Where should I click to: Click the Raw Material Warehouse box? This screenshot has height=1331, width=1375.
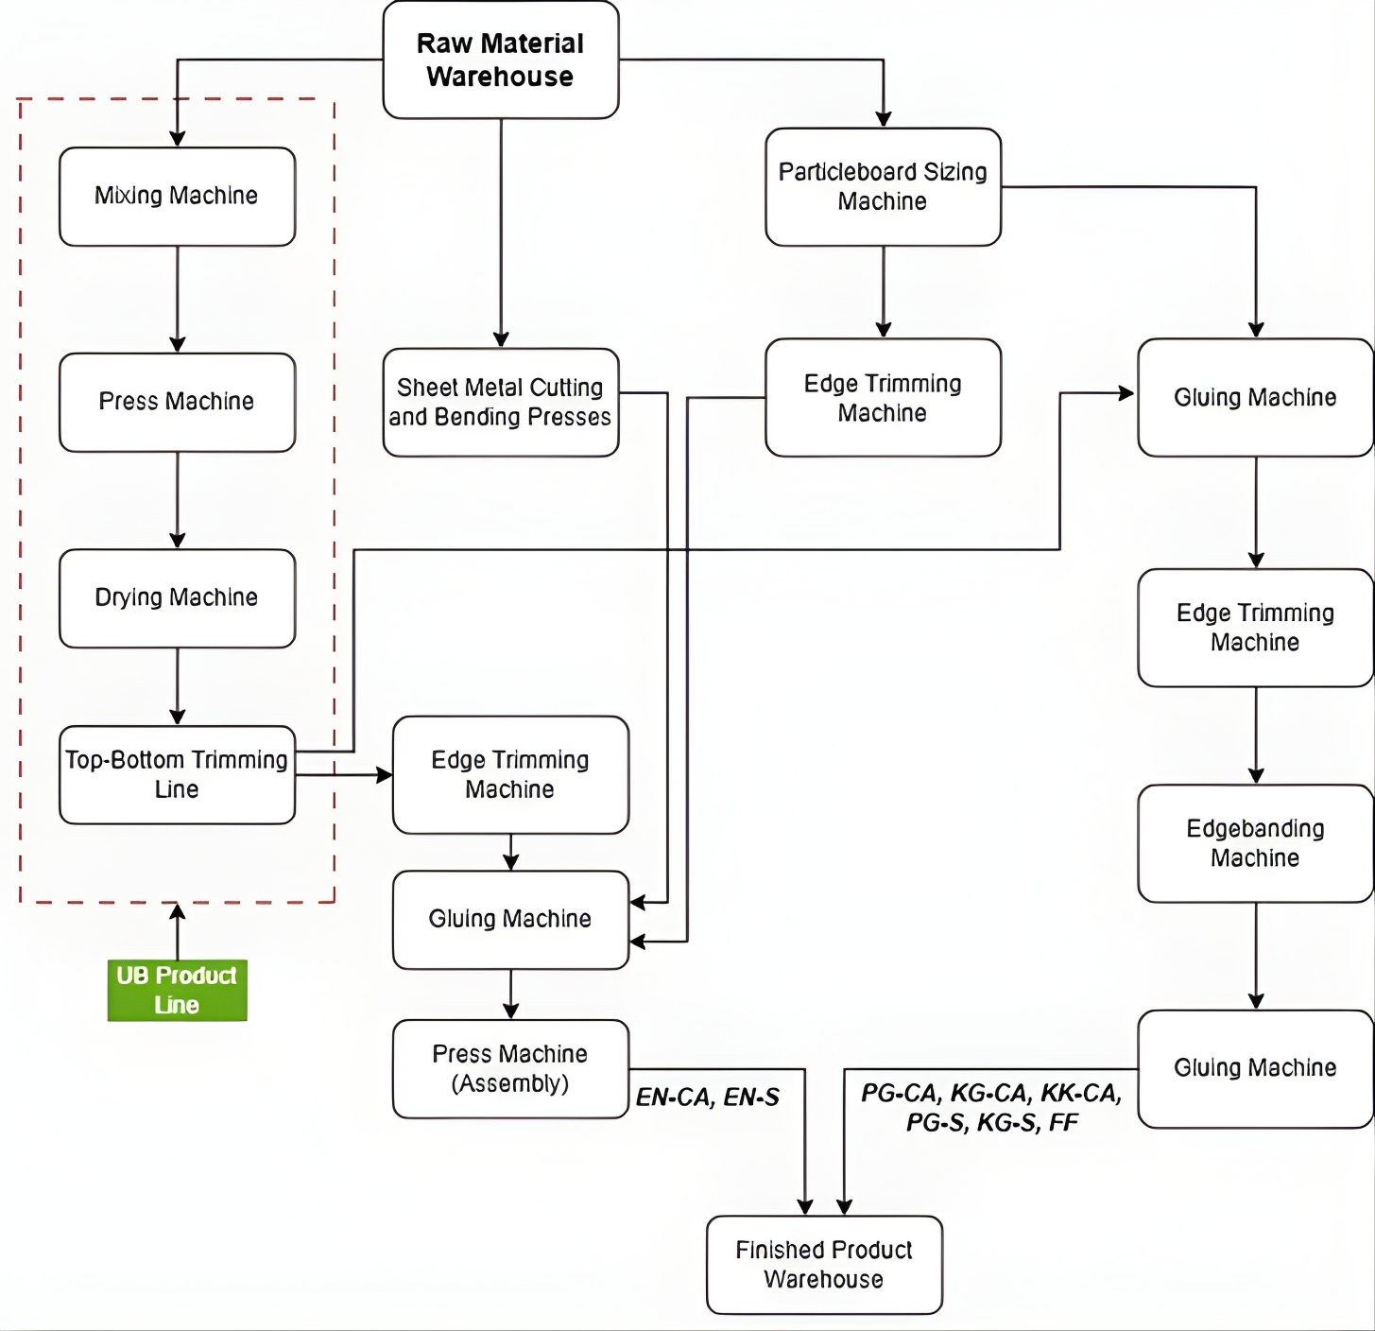coord(501,60)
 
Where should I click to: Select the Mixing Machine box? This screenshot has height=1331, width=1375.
coord(177,197)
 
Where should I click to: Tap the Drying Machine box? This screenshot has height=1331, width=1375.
coord(177,598)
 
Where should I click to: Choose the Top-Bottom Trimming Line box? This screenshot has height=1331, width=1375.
coord(177,775)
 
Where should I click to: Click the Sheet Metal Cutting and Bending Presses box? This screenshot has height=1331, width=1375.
coord(501,403)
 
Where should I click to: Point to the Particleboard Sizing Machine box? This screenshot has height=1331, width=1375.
coord(883,187)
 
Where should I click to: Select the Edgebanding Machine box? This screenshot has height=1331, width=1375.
coord(1255,843)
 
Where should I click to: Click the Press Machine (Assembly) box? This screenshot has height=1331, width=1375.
coord(510,1069)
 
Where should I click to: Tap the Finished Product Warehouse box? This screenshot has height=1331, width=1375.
coord(824,1265)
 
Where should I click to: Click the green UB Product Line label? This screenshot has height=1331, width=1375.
coord(177,991)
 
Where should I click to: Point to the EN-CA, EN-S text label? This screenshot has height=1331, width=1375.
coord(707,1098)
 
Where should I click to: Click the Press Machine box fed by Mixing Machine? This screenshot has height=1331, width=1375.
coord(177,403)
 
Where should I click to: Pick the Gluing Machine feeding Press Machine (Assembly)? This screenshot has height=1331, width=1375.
coord(510,920)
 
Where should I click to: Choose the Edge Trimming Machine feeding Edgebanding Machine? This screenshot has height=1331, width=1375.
coord(1255,628)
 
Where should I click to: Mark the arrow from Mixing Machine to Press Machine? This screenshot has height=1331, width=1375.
coord(177,300)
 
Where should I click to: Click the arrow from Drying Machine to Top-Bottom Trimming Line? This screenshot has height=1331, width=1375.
coord(177,687)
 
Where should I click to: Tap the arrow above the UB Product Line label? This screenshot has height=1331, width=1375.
coord(177,930)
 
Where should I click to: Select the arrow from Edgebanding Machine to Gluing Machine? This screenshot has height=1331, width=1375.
coord(1256,956)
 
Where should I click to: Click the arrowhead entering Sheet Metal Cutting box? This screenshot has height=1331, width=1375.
coord(501,339)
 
